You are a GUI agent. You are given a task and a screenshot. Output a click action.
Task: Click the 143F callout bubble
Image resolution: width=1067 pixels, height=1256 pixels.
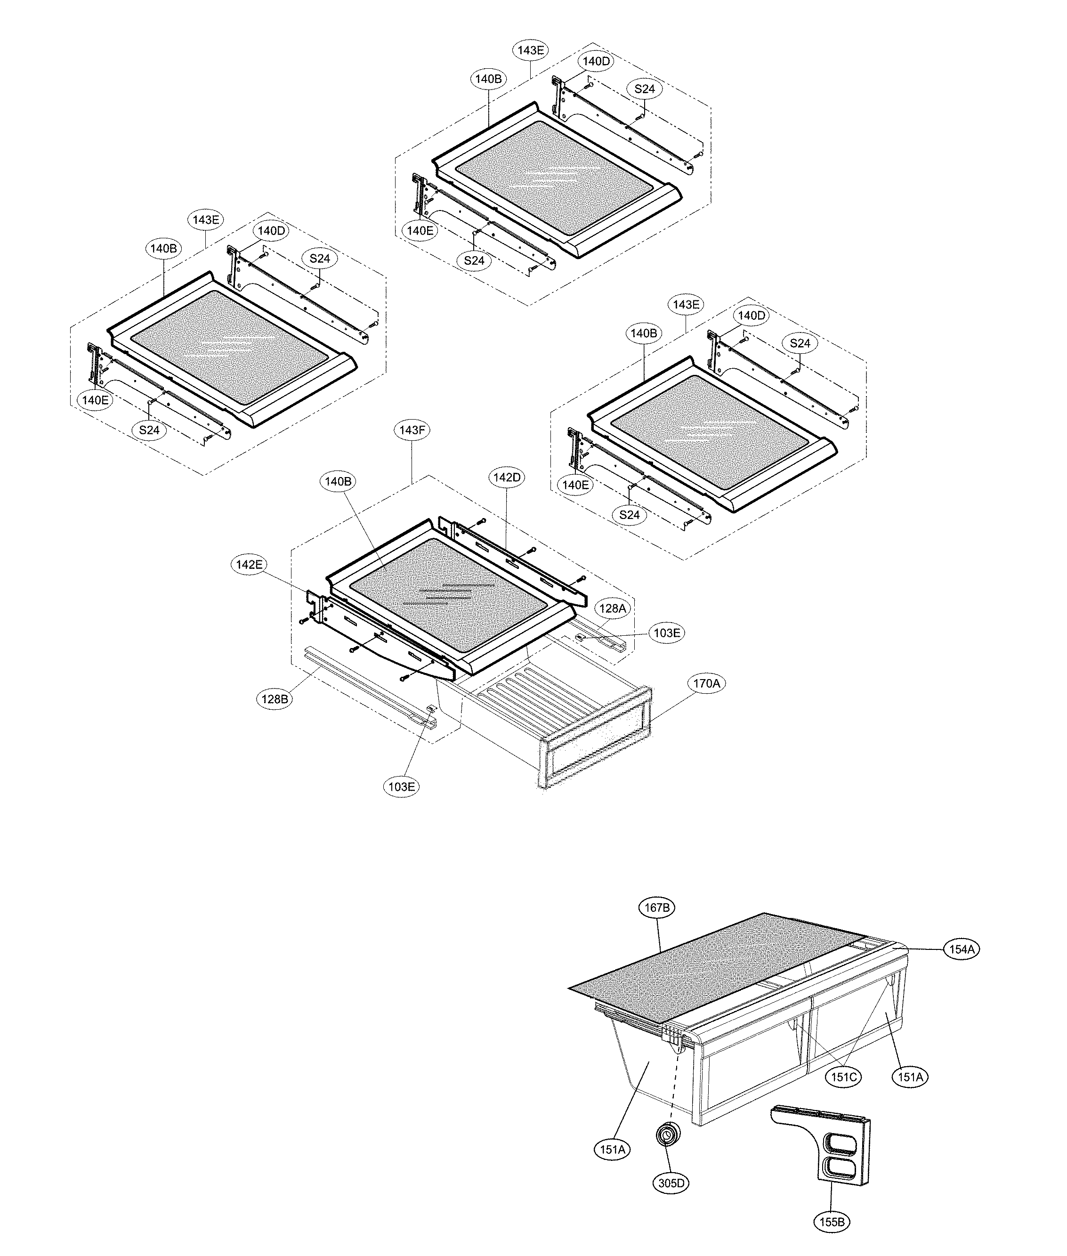coord(412,430)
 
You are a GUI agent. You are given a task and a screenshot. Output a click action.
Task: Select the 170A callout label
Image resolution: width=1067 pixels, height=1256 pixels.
coord(706,684)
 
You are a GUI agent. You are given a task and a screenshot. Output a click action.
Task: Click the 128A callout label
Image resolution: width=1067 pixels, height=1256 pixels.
coord(612,608)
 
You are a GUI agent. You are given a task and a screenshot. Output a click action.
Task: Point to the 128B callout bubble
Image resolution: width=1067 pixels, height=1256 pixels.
coord(275,699)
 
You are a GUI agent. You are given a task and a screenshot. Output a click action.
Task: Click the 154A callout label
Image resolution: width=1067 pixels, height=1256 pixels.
coord(961,949)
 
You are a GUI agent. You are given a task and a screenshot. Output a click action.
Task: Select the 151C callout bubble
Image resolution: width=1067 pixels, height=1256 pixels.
coord(844,1078)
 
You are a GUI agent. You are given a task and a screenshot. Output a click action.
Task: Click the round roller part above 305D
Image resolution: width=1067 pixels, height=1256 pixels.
coord(668,1133)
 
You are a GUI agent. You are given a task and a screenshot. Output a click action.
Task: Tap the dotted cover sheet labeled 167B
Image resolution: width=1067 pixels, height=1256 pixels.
coord(695,974)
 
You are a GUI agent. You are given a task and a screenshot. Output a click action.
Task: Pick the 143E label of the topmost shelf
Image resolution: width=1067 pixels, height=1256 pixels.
coord(531,50)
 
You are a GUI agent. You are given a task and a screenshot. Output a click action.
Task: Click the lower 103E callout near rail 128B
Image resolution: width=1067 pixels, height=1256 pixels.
coord(402,786)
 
